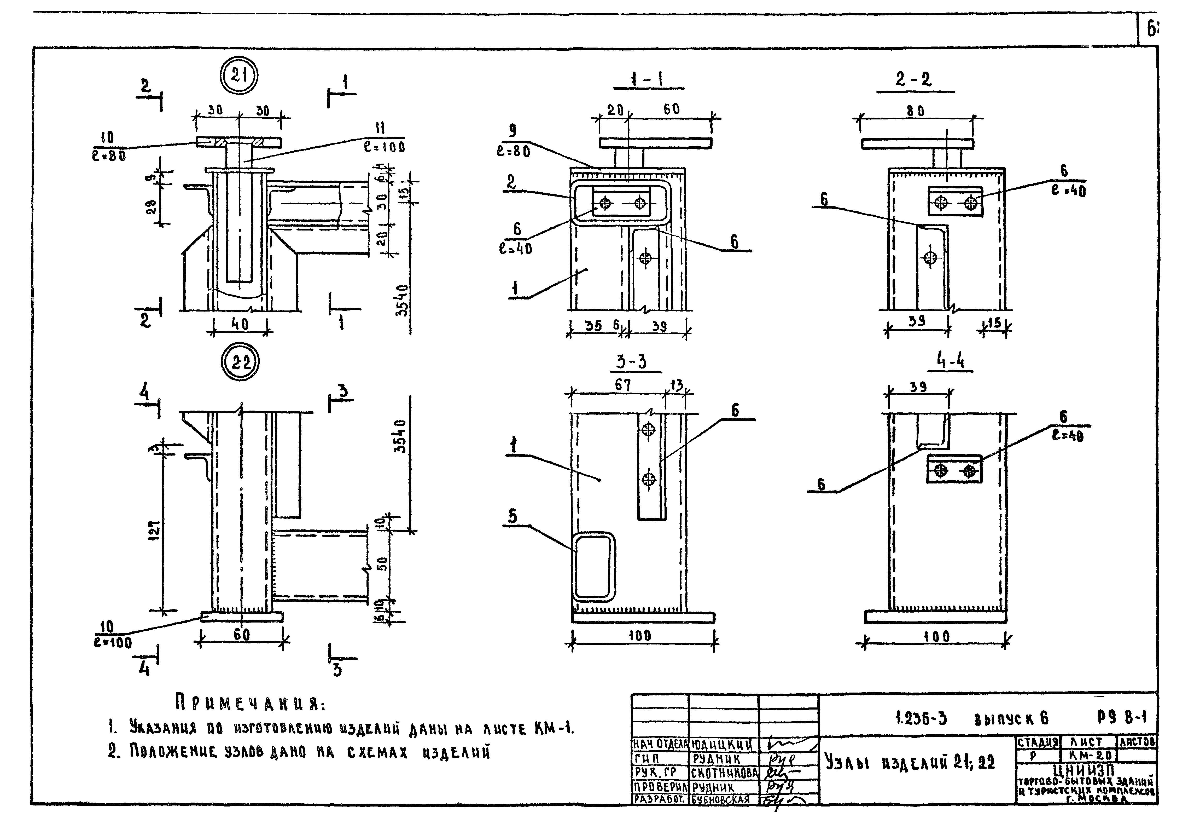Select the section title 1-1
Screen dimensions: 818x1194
646,80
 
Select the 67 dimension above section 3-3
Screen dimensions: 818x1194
623,385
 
